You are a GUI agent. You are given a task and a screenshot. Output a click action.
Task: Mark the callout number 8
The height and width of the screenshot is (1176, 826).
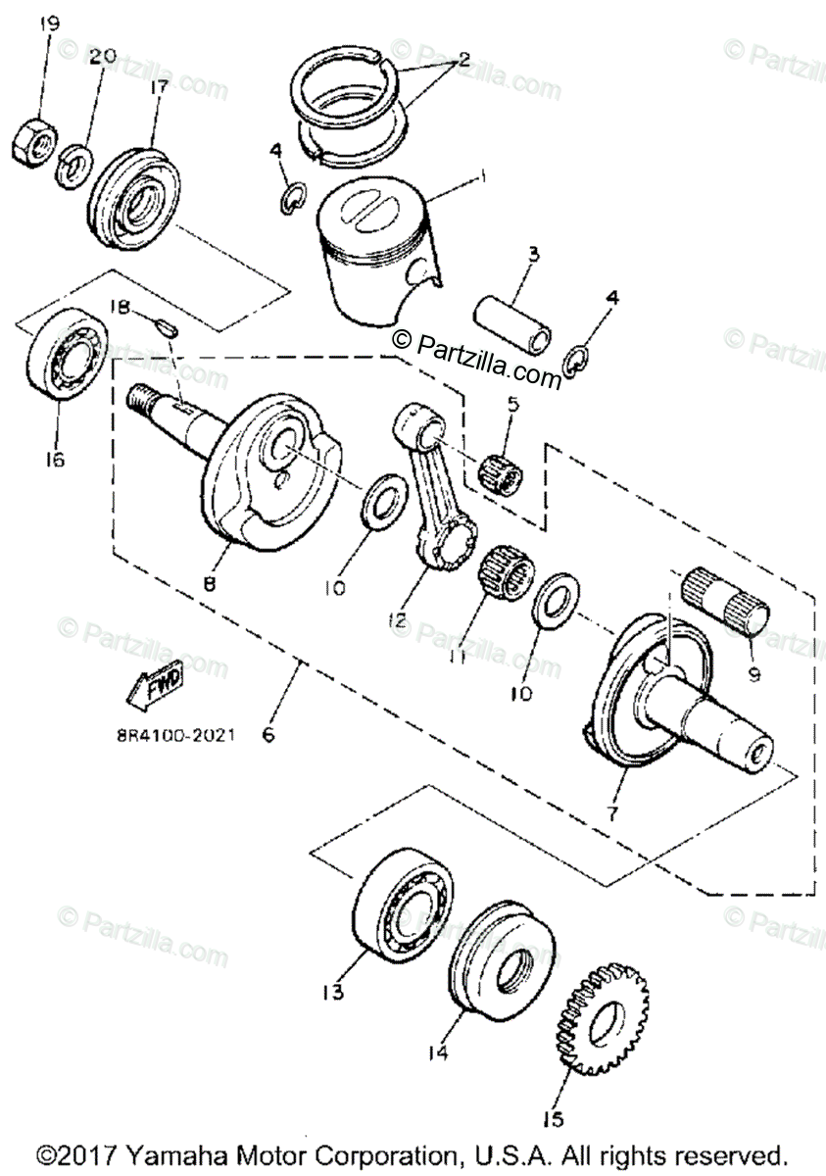point(209,581)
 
